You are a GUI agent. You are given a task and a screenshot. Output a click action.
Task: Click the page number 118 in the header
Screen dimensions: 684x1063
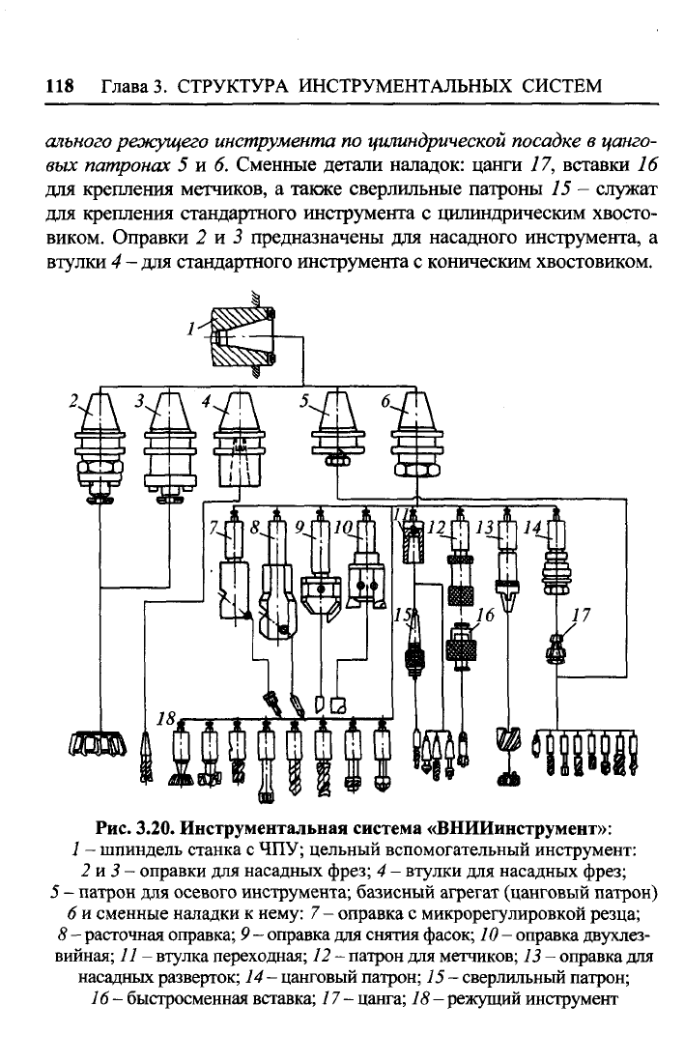59,86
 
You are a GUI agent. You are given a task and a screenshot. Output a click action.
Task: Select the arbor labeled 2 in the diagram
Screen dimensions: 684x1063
100,447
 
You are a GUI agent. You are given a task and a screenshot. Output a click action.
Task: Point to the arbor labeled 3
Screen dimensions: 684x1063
169,447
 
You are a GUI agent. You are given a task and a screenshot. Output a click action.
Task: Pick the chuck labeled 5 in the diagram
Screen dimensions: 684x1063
337,429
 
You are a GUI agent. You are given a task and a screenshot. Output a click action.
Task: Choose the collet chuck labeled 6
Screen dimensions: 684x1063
415,435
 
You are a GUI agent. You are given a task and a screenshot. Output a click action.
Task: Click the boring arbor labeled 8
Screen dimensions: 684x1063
278,576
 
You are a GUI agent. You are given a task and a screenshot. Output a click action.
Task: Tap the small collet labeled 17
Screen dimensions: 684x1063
556,646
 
